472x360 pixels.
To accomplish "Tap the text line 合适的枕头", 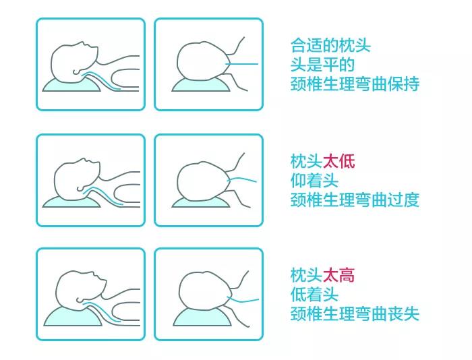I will click(x=330, y=46).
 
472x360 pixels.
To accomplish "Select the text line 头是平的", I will click(x=322, y=65).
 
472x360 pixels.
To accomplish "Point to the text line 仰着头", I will click(x=314, y=180).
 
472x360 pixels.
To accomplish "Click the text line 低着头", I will click(x=314, y=294).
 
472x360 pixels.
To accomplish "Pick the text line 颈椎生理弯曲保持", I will click(x=355, y=84).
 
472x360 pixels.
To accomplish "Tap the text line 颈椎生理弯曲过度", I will click(x=355, y=200).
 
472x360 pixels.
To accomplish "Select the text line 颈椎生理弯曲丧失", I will click(x=355, y=313).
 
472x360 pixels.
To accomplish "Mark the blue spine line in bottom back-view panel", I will click(x=246, y=299).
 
